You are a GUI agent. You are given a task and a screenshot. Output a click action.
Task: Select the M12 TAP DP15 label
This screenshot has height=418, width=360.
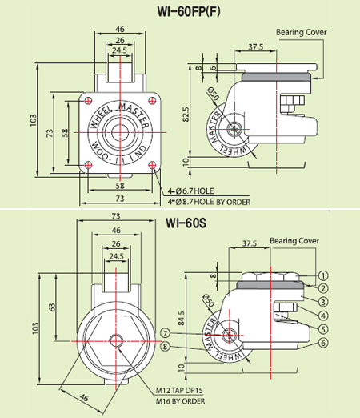click(183, 391)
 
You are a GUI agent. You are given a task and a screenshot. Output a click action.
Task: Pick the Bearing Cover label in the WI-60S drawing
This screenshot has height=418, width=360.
click(294, 239)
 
